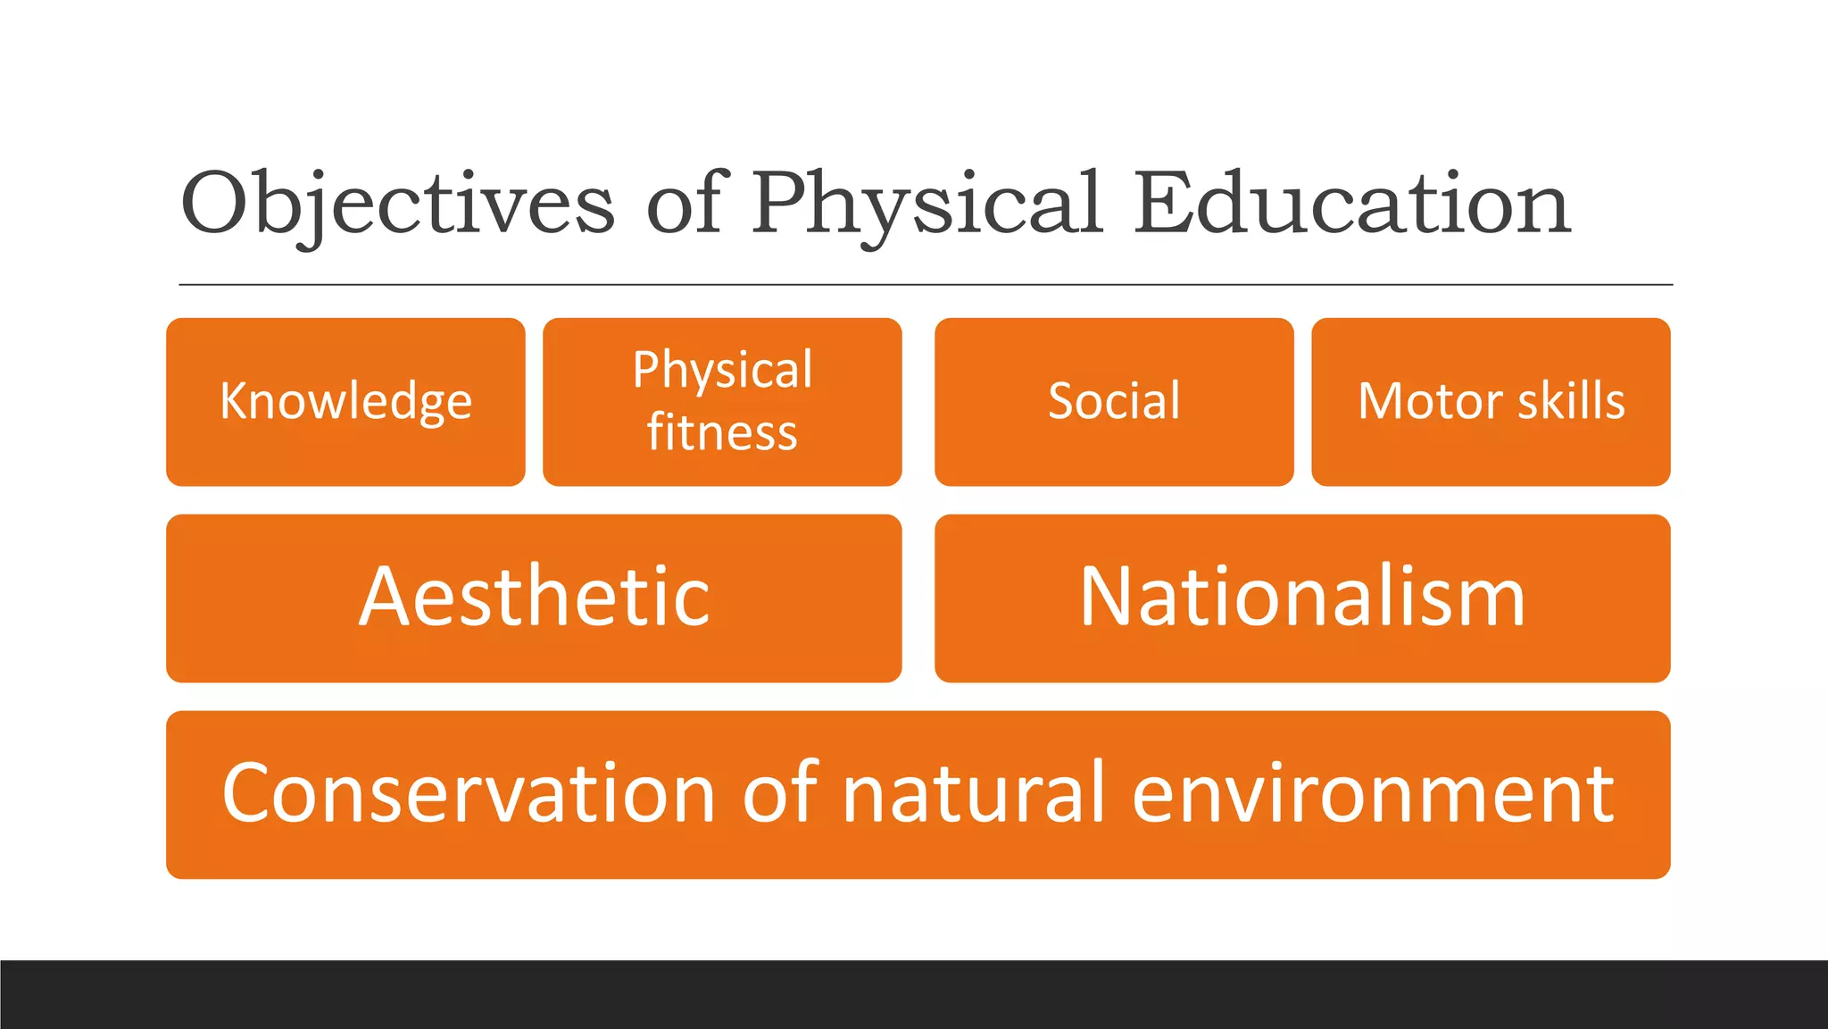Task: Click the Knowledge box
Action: (345, 401)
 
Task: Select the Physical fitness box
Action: (722, 401)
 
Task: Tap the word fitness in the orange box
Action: (722, 432)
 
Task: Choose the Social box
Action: (1114, 401)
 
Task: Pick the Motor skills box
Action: (1491, 401)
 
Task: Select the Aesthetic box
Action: (534, 598)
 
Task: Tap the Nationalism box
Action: (1302, 598)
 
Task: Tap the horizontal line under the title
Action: (926, 285)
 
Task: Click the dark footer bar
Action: (914, 994)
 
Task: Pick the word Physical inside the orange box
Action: (722, 370)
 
